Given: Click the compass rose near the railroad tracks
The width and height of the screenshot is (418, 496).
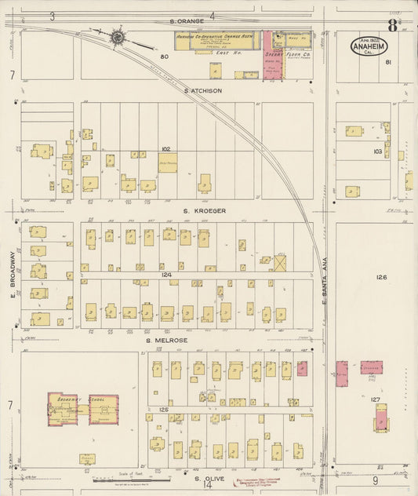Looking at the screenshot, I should [x=118, y=36].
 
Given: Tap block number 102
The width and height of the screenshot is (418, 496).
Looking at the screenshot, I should [x=165, y=148].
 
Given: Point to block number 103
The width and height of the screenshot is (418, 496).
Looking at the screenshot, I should [x=377, y=151].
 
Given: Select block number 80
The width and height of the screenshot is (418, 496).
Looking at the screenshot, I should [x=165, y=57].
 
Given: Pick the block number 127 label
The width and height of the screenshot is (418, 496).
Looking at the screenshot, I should [x=376, y=400].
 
